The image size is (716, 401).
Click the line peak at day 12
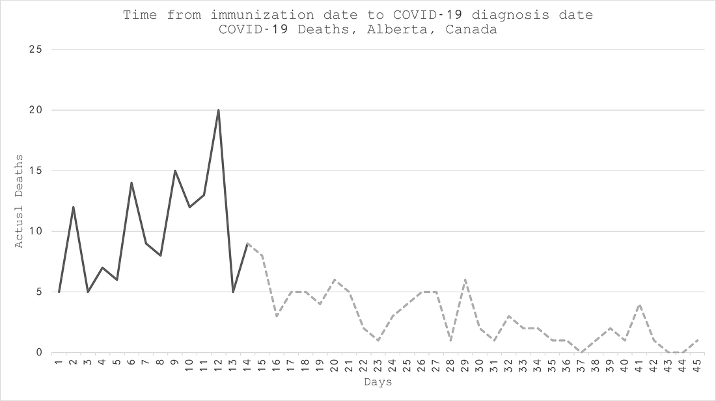click(218, 110)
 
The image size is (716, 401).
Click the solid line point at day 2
click(74, 207)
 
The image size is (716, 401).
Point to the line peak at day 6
click(131, 183)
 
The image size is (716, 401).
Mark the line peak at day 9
click(175, 171)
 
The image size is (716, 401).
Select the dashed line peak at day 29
click(465, 280)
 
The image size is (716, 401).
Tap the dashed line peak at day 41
click(639, 304)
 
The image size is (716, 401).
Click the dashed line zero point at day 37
click(581, 352)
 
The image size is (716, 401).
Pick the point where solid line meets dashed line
click(247, 243)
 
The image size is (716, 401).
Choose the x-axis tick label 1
click(59, 362)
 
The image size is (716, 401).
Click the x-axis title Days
click(378, 382)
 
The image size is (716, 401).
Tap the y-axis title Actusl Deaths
click(20, 200)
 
